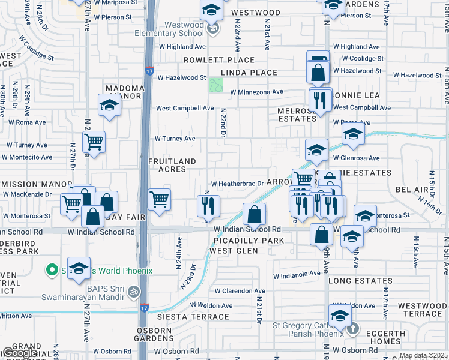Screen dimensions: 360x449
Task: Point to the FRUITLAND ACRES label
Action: tap(172, 165)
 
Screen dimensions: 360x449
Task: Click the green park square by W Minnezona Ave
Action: tap(215, 85)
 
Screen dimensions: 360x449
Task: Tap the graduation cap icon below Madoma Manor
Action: tap(109, 106)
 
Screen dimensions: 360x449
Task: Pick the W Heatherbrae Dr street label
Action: tap(237, 184)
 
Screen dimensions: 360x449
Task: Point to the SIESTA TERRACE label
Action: tap(193, 317)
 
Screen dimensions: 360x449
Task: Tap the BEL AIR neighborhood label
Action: tap(412, 190)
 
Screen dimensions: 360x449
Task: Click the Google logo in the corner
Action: tap(20, 353)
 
